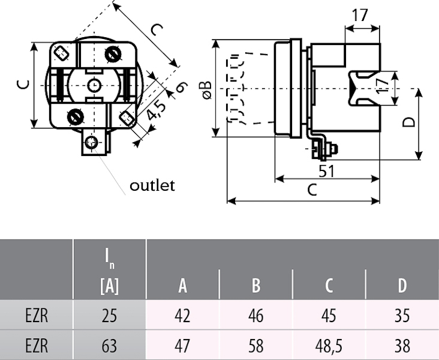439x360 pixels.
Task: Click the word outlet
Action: (x=152, y=185)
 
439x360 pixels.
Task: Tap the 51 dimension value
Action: (x=326, y=171)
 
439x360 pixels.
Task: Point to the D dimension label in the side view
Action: (x=408, y=123)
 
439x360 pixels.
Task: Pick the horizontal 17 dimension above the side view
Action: (x=360, y=16)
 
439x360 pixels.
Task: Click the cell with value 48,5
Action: (x=329, y=346)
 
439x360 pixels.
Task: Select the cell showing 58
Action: (x=256, y=346)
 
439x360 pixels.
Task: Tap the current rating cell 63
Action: (x=109, y=346)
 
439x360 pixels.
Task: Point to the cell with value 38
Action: (x=402, y=346)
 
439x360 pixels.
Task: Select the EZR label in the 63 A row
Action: (x=37, y=346)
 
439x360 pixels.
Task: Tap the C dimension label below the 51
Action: (x=312, y=190)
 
